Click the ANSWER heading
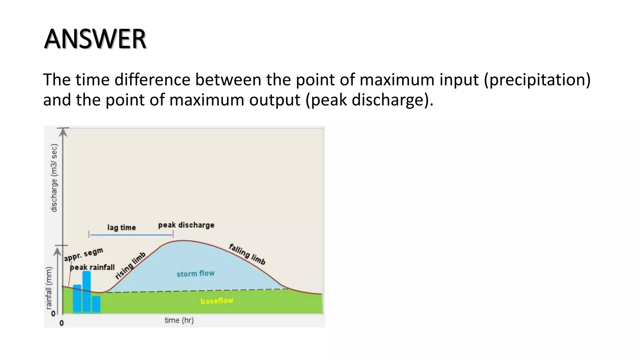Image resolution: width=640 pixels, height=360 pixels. (95, 39)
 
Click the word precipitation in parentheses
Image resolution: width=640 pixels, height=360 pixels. (537, 80)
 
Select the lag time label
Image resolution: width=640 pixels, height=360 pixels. (122, 227)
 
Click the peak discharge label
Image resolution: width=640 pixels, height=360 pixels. (186, 225)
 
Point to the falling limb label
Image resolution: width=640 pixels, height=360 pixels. (247, 254)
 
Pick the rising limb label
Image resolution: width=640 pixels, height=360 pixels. (130, 265)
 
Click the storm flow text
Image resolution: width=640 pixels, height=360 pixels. (196, 274)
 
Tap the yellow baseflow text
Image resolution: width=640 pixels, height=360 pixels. (217, 301)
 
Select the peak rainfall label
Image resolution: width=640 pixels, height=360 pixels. (92, 267)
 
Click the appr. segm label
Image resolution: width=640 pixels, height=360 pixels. (83, 254)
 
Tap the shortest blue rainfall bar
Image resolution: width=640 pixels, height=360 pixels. (96, 304)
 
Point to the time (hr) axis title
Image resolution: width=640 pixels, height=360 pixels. (179, 320)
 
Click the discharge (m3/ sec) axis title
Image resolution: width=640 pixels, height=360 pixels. (54, 178)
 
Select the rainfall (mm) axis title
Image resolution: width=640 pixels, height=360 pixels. (49, 288)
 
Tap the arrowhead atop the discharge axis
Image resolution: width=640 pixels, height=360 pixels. (63, 132)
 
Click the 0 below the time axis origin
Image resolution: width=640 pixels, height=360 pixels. (62, 323)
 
